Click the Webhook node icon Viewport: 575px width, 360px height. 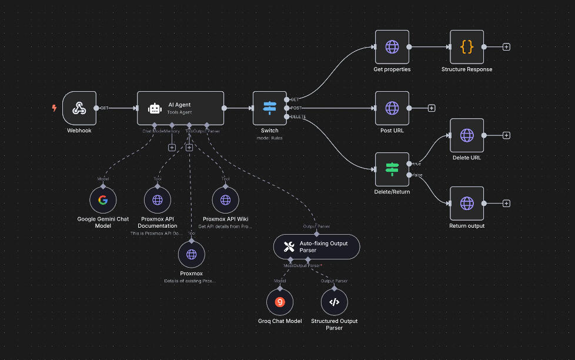(79, 108)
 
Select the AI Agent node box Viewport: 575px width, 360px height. (180, 108)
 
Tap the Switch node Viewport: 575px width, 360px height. (270, 108)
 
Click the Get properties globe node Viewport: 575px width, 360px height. (392, 47)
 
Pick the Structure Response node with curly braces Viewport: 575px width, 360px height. (467, 47)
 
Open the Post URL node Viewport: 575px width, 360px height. (392, 108)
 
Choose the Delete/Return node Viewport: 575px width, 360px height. (392, 169)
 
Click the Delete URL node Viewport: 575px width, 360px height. (467, 135)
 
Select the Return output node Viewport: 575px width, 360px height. (467, 204)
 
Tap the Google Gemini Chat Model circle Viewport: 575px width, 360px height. (103, 200)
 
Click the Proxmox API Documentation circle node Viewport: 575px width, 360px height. (158, 200)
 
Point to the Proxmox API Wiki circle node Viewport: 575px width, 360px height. (225, 200)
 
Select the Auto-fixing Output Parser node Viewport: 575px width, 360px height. (316, 246)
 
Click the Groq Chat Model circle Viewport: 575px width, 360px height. (280, 302)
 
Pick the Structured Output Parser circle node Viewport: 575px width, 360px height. (334, 302)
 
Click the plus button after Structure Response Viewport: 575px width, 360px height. (506, 47)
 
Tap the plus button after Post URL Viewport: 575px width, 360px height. (432, 108)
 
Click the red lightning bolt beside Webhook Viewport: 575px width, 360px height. (55, 108)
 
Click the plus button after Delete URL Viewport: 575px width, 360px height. (506, 135)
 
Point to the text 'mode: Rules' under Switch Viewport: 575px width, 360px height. (270, 138)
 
